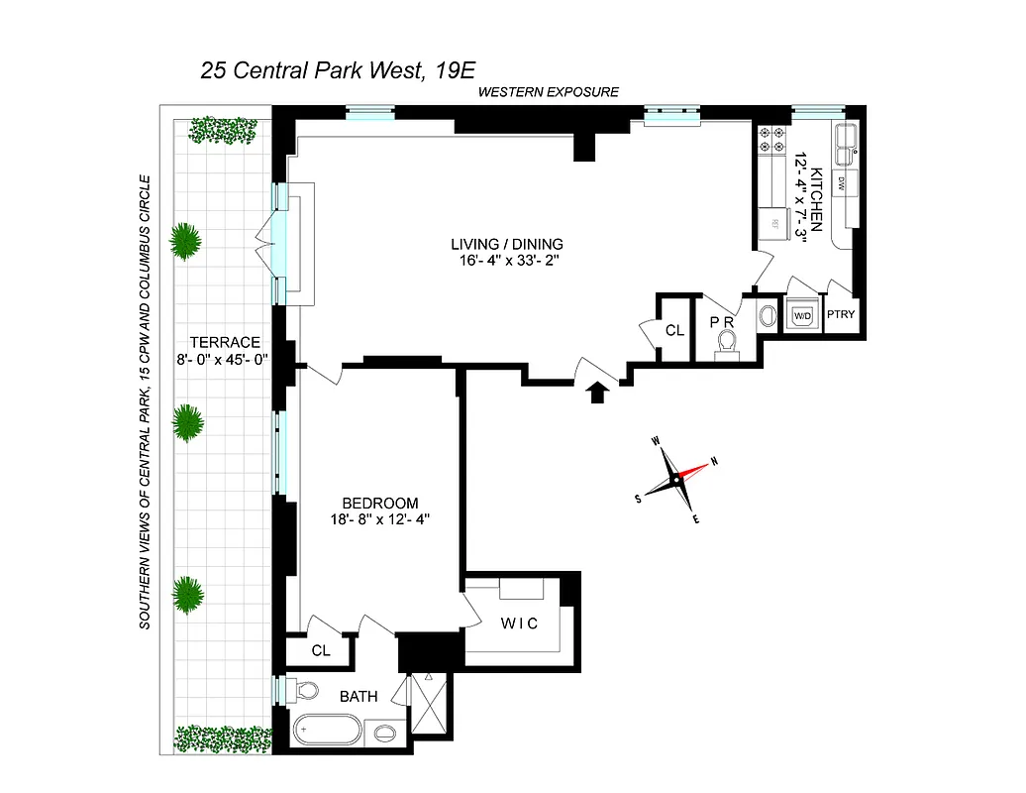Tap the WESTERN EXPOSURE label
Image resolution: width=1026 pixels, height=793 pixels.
pos(548,92)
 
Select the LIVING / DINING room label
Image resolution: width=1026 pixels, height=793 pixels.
pos(506,244)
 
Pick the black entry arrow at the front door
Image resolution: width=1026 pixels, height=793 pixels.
pos(596,394)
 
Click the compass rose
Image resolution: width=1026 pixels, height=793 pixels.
pos(676,480)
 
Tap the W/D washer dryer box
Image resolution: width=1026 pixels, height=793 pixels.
pos(800,316)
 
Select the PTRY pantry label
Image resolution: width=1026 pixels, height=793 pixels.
pos(841,316)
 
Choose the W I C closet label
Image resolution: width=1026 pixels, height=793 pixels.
pos(517,623)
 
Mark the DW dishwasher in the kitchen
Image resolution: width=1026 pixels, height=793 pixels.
pos(842,182)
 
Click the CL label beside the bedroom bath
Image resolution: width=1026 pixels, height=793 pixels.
pos(320,651)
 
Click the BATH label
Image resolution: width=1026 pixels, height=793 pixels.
pos(359,697)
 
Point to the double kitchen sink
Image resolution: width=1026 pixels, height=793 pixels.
pos(846,146)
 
